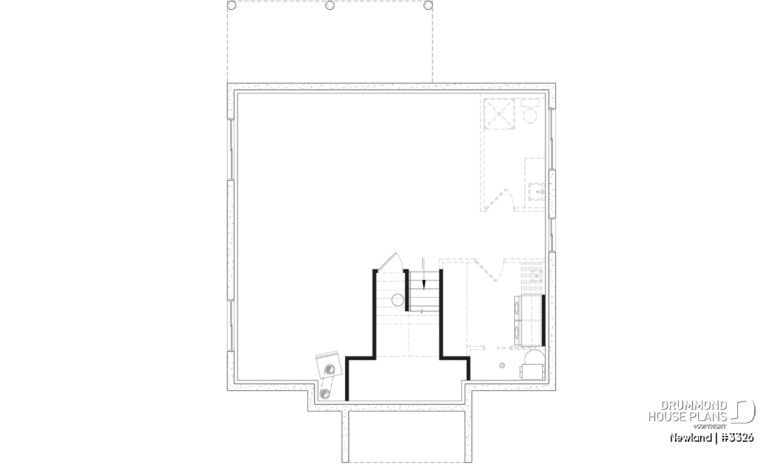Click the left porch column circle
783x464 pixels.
click(x=232, y=5)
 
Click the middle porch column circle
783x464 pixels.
click(x=330, y=5)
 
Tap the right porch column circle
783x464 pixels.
click(x=428, y=5)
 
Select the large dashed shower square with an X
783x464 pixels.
click(x=499, y=114)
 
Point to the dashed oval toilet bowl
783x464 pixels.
click(x=530, y=116)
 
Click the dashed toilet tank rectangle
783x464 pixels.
click(x=530, y=102)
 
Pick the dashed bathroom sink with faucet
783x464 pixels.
click(x=536, y=192)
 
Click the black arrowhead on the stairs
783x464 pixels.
click(x=424, y=285)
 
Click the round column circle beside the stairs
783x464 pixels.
click(x=397, y=300)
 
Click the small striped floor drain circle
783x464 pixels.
click(x=502, y=365)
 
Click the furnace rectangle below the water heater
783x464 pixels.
click(x=532, y=372)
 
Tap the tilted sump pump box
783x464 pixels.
click(x=329, y=364)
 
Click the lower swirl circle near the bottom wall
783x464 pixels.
click(x=325, y=394)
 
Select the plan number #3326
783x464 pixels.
click(x=737, y=437)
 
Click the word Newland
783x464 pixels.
click(x=690, y=437)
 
